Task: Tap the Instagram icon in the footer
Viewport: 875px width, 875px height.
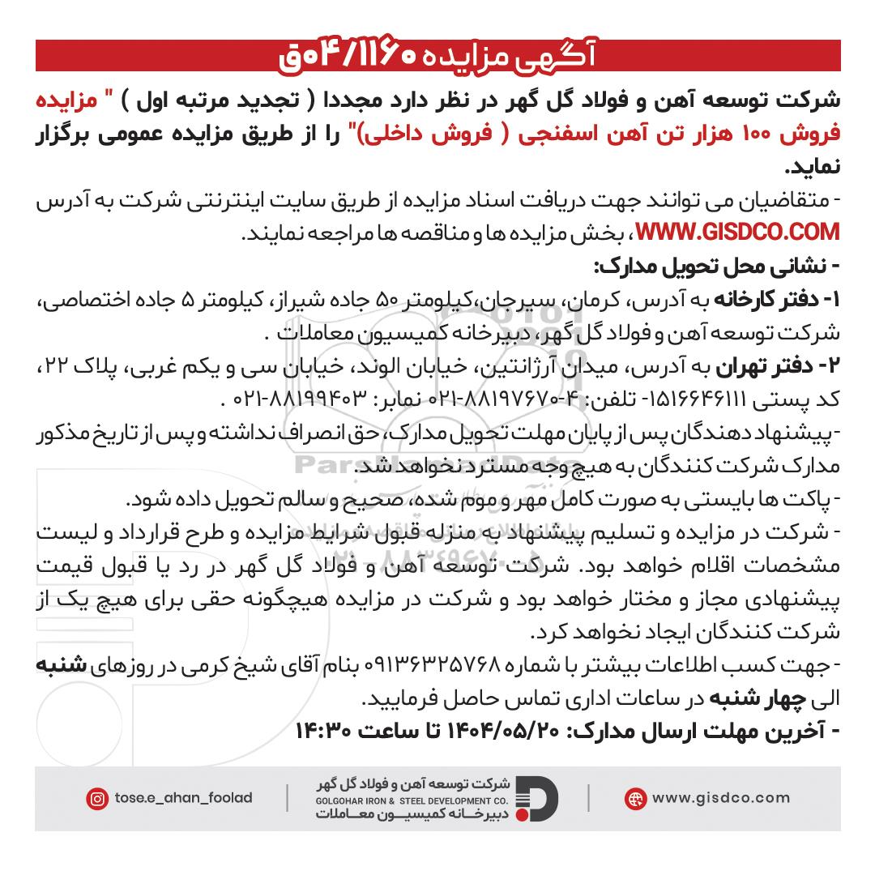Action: [97, 798]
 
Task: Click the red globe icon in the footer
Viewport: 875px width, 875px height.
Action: [635, 798]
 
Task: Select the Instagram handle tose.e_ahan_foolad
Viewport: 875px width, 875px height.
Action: [183, 798]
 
